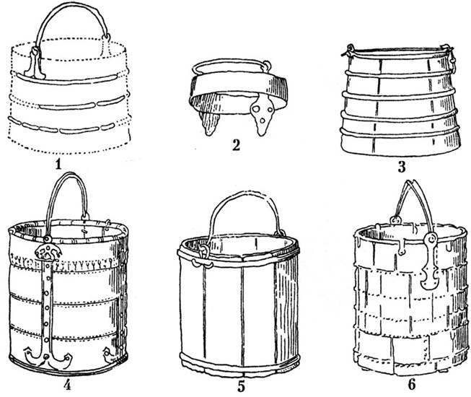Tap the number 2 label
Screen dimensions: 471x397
[x=236, y=146]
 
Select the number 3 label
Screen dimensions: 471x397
[x=401, y=167]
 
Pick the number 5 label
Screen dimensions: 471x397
[x=241, y=386]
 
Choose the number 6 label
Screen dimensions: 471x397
[x=411, y=385]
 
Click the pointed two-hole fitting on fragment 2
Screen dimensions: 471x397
[x=260, y=114]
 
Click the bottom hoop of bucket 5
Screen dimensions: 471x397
[x=240, y=362]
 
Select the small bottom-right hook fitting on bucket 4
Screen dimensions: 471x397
[x=109, y=354]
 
